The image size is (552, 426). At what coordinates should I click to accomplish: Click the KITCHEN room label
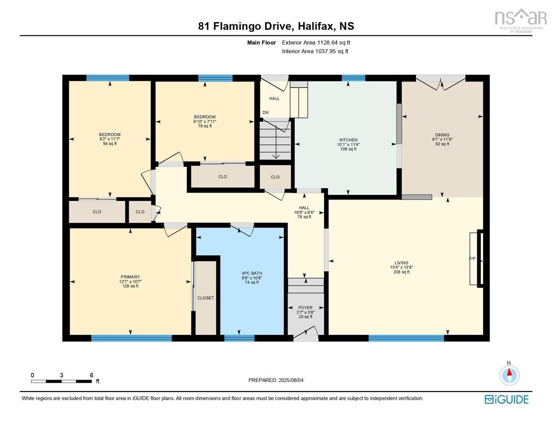348,140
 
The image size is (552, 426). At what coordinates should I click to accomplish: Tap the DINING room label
442,135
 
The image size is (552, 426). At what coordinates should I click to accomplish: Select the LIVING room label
402,263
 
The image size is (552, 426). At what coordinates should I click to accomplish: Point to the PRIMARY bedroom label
130,277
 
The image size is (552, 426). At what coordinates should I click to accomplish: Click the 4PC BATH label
252,273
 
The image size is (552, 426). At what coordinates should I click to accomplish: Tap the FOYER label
305,307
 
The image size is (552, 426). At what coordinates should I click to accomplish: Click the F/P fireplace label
472,259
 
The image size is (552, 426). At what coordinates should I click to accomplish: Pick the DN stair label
265,113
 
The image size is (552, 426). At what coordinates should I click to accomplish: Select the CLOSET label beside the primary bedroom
206,298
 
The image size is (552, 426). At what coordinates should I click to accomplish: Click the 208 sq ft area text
402,272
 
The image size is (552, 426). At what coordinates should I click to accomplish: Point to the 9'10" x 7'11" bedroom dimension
205,121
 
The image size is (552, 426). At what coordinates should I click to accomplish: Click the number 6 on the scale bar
92,375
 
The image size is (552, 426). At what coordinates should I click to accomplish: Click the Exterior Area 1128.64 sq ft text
316,42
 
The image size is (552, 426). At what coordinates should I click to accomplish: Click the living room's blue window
406,338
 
